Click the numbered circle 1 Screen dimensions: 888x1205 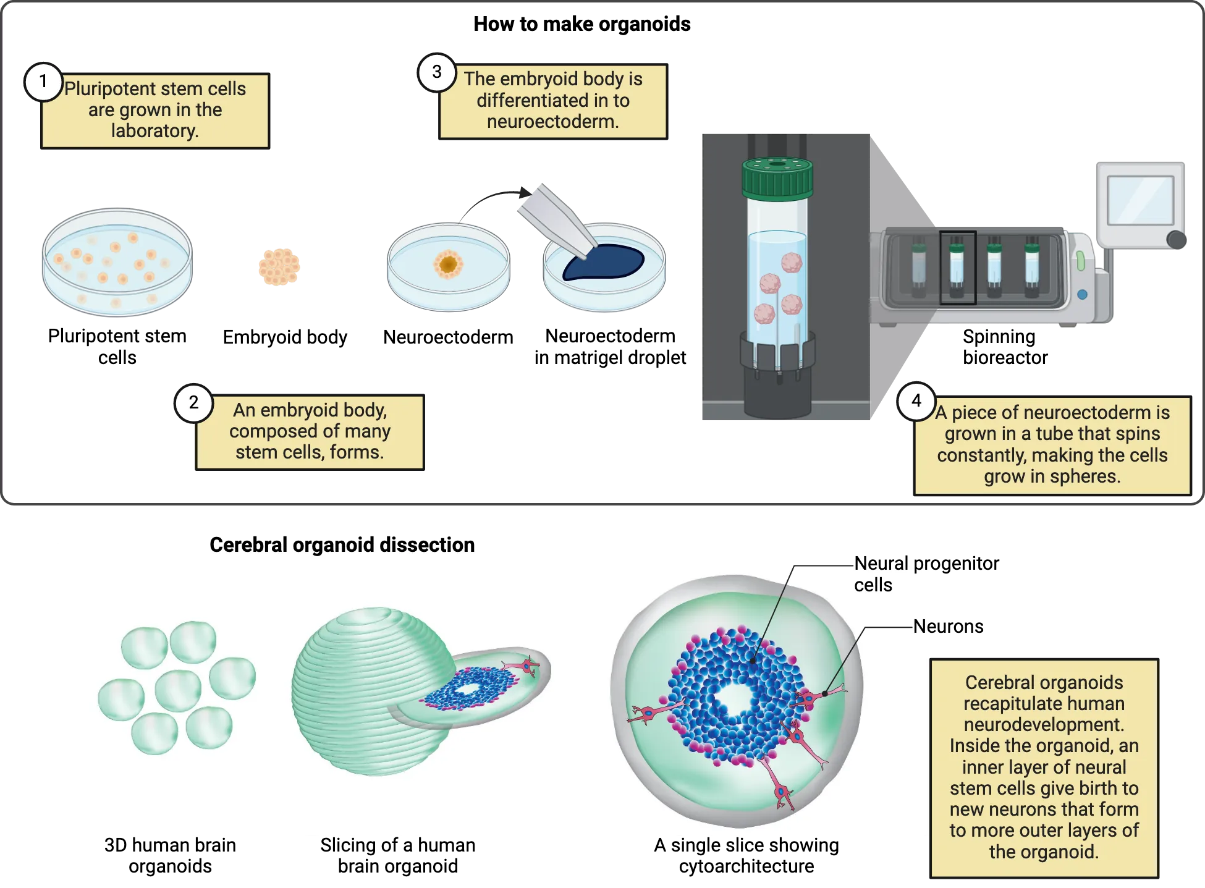point(43,82)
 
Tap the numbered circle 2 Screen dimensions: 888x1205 point(194,403)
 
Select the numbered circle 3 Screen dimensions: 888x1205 point(437,72)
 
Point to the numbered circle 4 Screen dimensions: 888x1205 point(916,401)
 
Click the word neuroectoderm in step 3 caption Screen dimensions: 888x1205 point(552,122)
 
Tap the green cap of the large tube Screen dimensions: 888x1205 point(777,178)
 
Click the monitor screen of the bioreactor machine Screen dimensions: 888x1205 point(1139,199)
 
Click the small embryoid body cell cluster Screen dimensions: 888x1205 point(279,266)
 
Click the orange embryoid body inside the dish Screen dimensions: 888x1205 point(448,264)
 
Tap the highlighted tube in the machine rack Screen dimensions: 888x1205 point(957,268)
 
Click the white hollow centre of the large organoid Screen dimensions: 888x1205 point(734,700)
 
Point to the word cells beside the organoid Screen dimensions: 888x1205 point(873,585)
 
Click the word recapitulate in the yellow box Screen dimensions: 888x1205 point(1043,704)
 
